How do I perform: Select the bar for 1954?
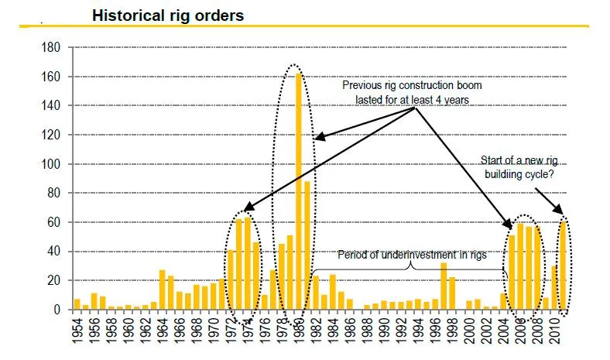click(x=77, y=304)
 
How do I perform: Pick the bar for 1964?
click(x=162, y=290)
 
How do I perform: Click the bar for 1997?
click(x=444, y=286)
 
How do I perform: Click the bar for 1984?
click(x=333, y=292)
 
